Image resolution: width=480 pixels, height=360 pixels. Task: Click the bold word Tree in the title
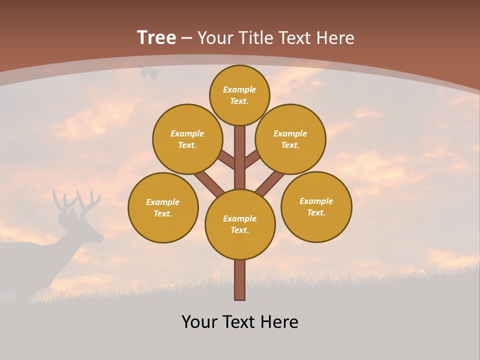pos(156,37)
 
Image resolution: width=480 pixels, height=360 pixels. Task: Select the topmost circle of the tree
pos(239,95)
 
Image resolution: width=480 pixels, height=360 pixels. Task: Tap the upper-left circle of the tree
pos(187,139)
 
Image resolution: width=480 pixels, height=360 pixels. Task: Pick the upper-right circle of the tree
pos(290,139)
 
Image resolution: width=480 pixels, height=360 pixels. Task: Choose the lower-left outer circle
pos(163,207)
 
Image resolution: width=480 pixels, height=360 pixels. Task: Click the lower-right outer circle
pos(316,206)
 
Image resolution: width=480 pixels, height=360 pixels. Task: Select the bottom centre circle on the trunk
pos(240,224)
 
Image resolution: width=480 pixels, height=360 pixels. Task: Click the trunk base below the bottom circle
pos(240,280)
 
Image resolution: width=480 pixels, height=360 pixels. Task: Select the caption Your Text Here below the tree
pos(240,322)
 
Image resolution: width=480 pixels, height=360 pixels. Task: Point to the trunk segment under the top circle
pos(240,150)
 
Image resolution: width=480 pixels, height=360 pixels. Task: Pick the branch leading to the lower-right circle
pos(270,183)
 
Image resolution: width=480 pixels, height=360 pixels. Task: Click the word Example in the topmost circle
pos(239,89)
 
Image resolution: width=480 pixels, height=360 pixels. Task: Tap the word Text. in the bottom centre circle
pos(239,230)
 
